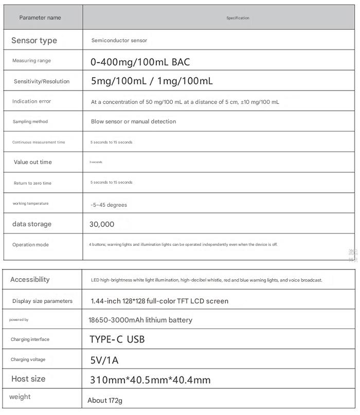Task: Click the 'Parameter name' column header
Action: coord(40,17)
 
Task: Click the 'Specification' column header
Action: coord(238,18)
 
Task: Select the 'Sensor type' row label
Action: coord(34,41)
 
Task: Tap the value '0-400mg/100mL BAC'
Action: coord(140,62)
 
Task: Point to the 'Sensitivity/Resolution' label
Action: coord(42,81)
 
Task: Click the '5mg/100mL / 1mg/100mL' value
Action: coord(152,81)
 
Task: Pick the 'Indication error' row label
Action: coord(32,101)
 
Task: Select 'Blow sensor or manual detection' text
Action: coord(133,121)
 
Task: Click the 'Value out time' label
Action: coord(33,162)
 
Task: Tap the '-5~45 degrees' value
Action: coord(109,205)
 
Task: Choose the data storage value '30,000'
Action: coord(102,224)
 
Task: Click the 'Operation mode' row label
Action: coord(30,245)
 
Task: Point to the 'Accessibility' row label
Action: coord(30,279)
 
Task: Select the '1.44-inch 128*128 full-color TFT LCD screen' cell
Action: coord(159,301)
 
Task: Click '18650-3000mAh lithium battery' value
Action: coord(140,320)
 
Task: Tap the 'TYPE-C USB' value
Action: coord(117,339)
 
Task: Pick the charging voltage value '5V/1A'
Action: coord(104,360)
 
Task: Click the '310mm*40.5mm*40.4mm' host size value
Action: coord(150,380)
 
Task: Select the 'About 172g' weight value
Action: coord(105,400)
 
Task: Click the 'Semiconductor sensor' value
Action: coord(119,40)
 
